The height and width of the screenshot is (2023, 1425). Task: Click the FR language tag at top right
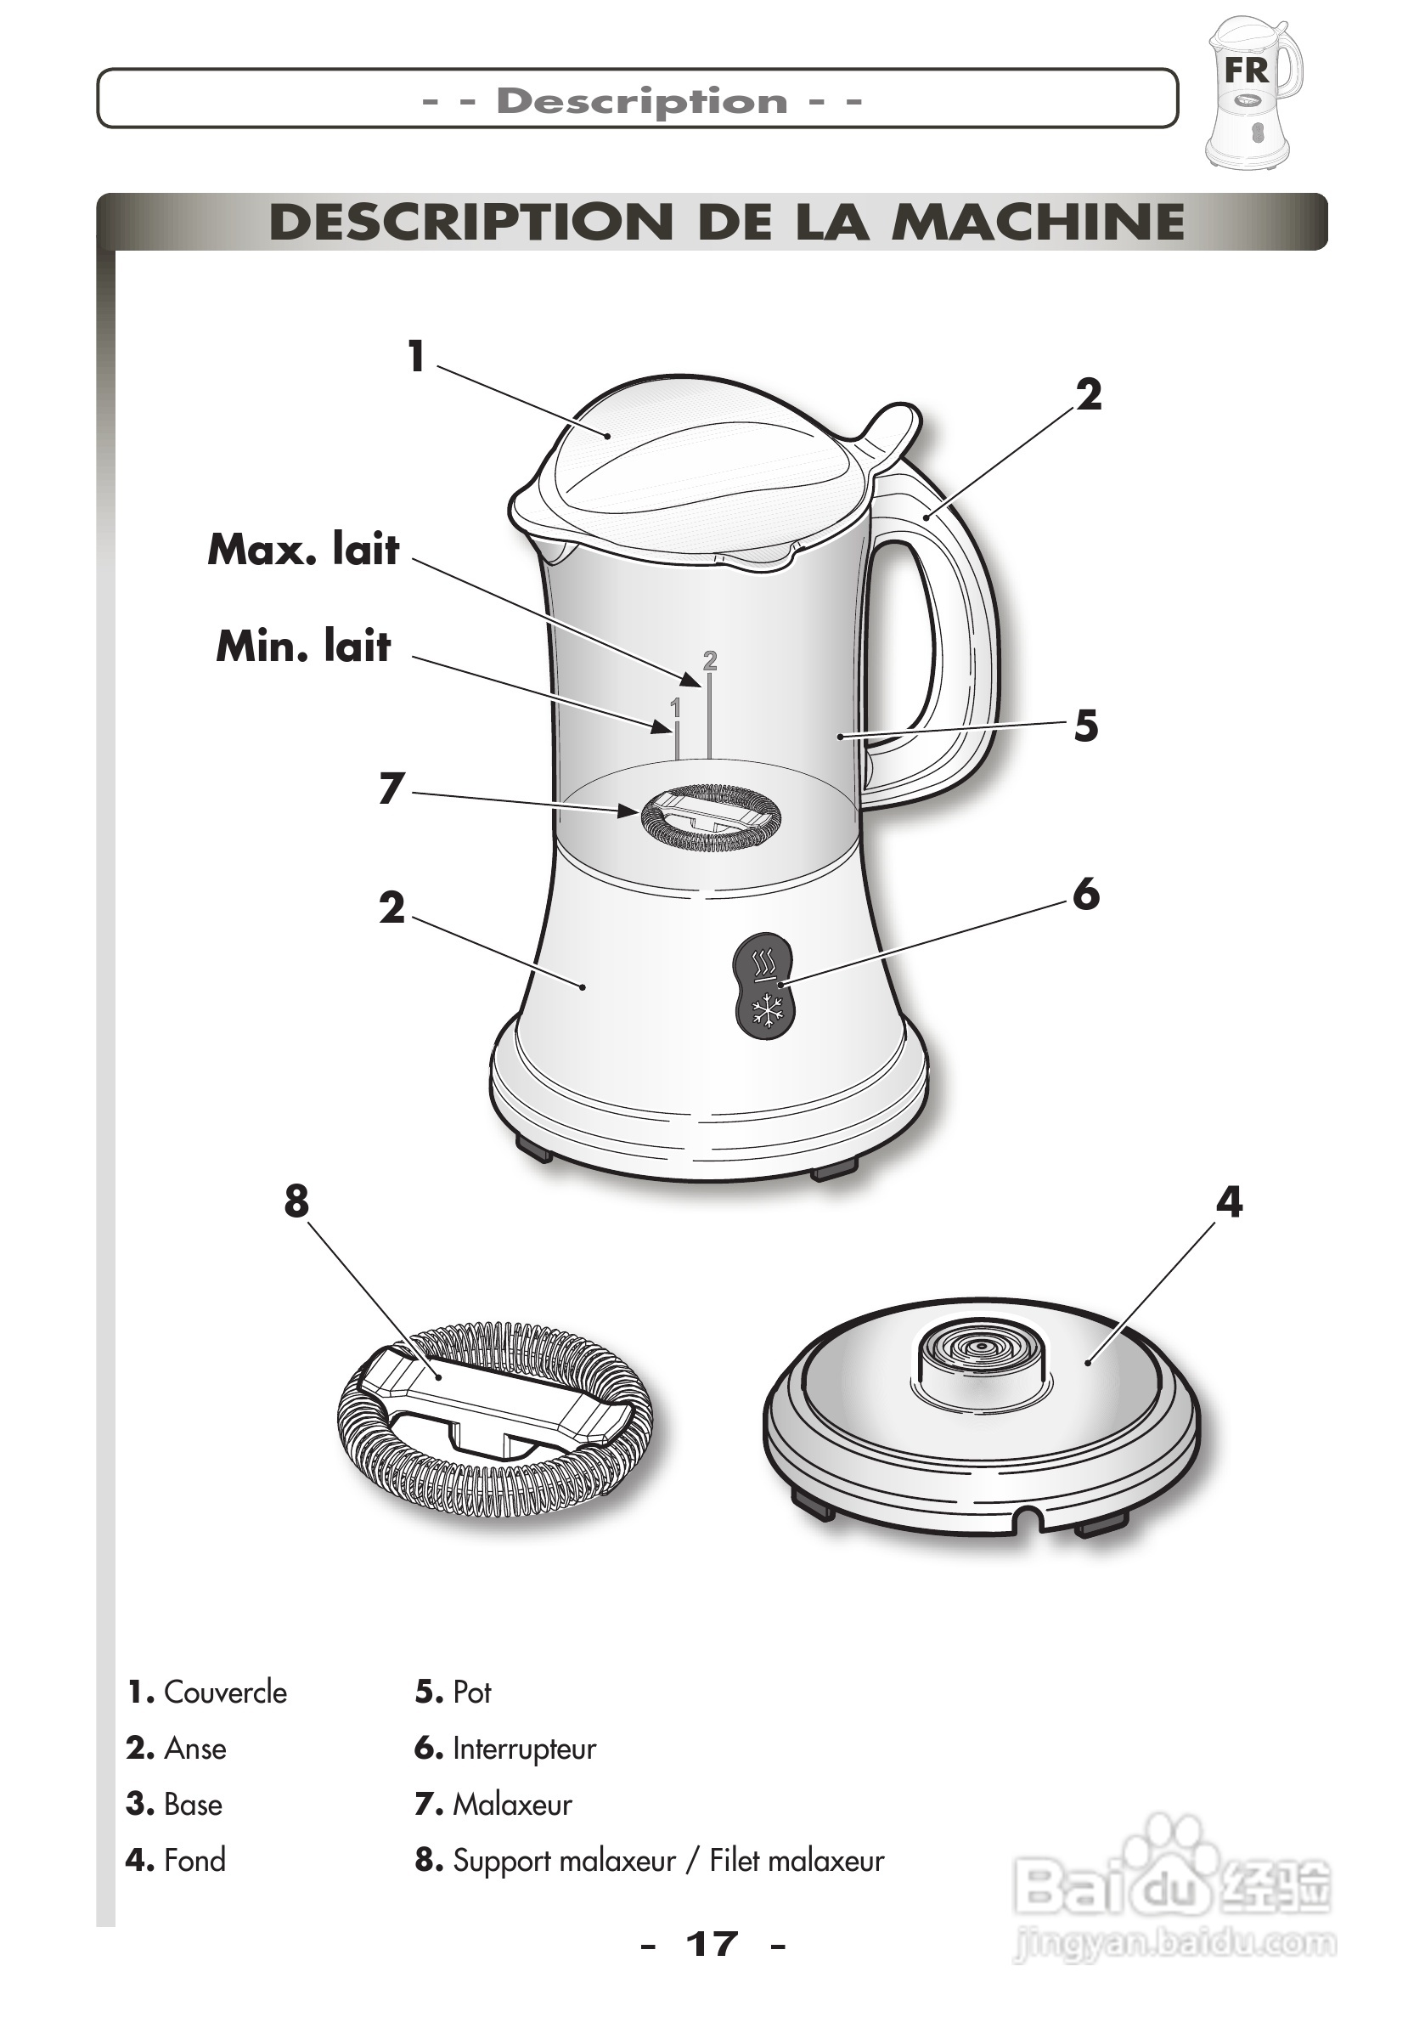pyautogui.click(x=1245, y=70)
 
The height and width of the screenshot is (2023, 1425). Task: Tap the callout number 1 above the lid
pyautogui.click(x=417, y=357)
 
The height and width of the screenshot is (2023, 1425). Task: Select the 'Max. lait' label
pyautogui.click(x=304, y=549)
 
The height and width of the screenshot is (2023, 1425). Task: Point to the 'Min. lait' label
pyautogui.click(x=304, y=646)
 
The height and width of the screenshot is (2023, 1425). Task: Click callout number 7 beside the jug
pyautogui.click(x=392, y=788)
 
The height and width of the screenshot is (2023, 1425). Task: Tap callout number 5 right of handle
pyautogui.click(x=1086, y=726)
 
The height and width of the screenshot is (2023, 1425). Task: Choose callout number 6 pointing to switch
pyautogui.click(x=1086, y=895)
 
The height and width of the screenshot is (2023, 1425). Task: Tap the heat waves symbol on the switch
pyautogui.click(x=765, y=960)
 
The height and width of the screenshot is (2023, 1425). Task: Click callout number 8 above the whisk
pyautogui.click(x=296, y=1201)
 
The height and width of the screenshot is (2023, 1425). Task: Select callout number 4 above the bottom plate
pyautogui.click(x=1229, y=1201)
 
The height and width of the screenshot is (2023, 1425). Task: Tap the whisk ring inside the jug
pyautogui.click(x=710, y=817)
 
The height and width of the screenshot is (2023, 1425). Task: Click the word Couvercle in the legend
pyautogui.click(x=224, y=1692)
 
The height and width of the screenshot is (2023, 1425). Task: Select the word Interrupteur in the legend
pyautogui.click(x=524, y=1749)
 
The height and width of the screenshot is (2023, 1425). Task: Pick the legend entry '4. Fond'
pyautogui.click(x=176, y=1860)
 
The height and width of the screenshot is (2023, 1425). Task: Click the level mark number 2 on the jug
pyautogui.click(x=710, y=660)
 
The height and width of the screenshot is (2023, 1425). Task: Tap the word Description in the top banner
pyautogui.click(x=641, y=100)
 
